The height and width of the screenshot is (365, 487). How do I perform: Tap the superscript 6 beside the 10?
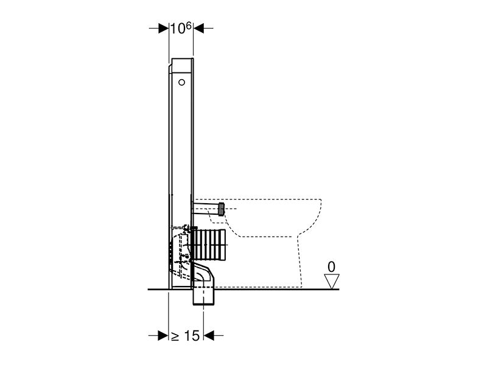(189, 26)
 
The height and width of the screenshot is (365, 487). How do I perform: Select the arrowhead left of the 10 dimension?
(163, 28)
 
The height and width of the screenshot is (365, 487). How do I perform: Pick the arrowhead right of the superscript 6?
(198, 28)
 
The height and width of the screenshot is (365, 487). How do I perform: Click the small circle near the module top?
(181, 82)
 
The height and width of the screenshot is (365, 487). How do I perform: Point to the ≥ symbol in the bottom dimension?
(175, 336)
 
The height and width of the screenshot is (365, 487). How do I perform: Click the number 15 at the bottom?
(192, 336)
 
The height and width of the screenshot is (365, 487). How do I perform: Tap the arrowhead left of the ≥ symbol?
(163, 335)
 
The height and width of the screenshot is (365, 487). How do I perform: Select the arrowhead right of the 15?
(209, 335)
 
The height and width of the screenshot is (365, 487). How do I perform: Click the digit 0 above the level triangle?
(331, 267)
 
